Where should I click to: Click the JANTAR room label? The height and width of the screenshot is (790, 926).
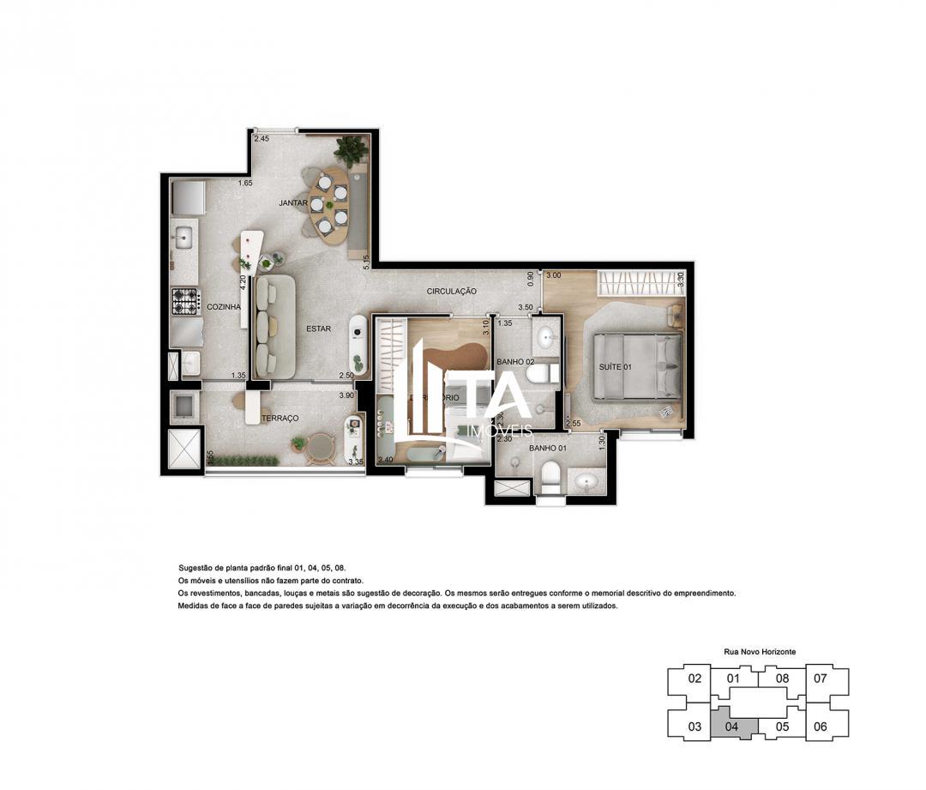click(x=292, y=203)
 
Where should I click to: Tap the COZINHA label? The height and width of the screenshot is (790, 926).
click(x=224, y=306)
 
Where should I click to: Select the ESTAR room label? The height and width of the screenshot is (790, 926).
click(x=318, y=328)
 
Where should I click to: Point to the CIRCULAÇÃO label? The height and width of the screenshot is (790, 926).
click(x=451, y=292)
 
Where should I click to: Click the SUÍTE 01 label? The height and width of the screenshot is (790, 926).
click(x=615, y=367)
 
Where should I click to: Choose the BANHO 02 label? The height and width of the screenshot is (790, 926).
click(x=515, y=362)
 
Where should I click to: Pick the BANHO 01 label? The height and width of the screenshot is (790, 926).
click(x=546, y=448)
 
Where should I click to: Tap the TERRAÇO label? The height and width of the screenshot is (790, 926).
click(x=280, y=418)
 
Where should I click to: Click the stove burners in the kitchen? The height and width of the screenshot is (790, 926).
click(x=185, y=301)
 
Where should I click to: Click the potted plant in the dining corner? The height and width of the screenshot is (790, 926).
click(x=351, y=152)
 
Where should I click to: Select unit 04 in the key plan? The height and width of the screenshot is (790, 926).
click(x=731, y=726)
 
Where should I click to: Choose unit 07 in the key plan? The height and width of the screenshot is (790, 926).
click(x=820, y=678)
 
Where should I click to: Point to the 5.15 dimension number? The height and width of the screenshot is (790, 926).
click(x=366, y=262)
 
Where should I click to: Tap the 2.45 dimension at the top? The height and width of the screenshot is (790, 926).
click(x=262, y=138)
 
